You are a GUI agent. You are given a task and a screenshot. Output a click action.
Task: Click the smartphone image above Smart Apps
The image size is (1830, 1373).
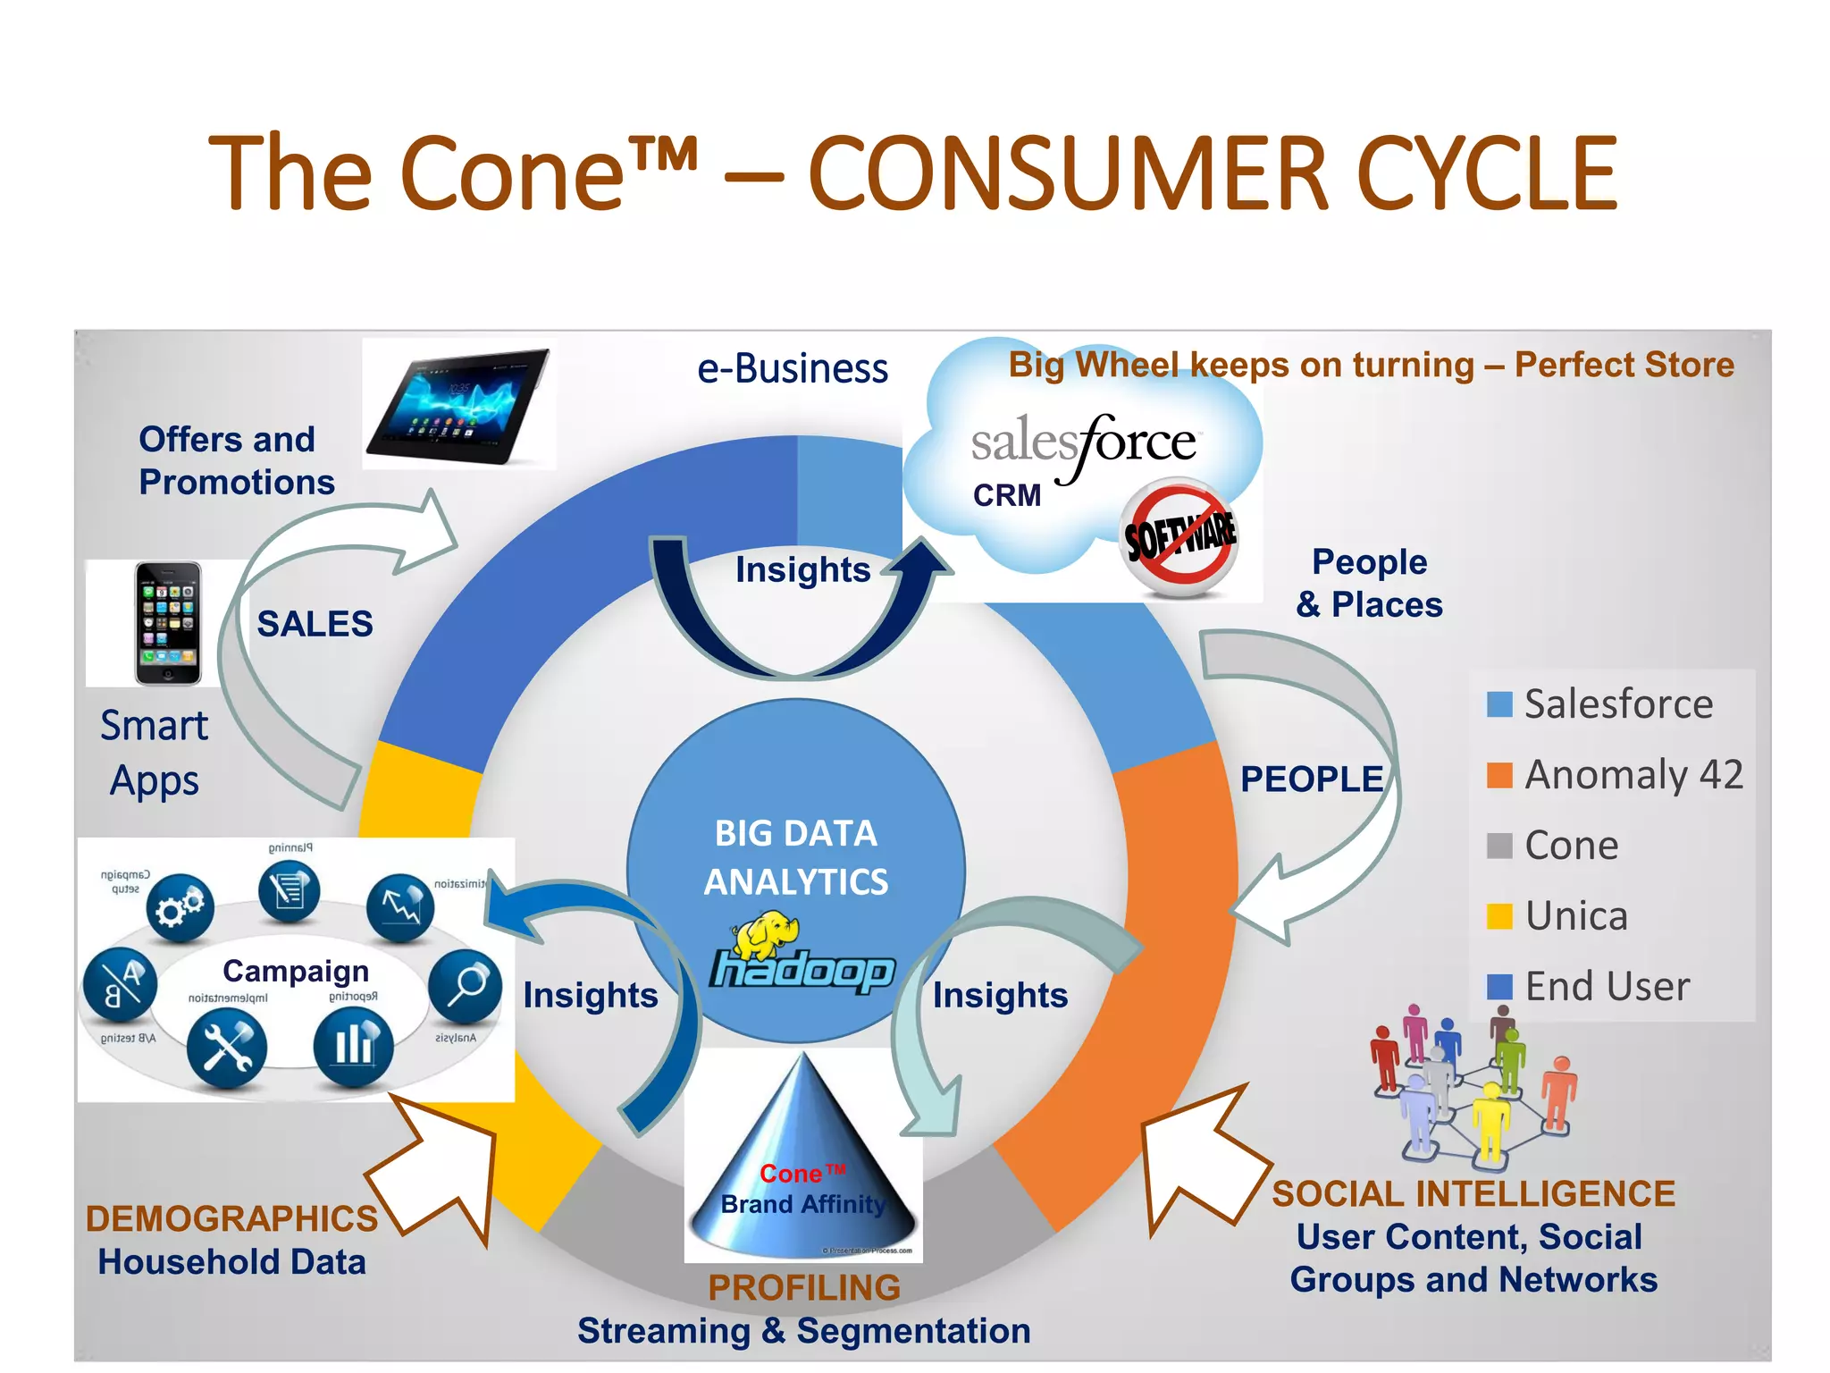coord(168,623)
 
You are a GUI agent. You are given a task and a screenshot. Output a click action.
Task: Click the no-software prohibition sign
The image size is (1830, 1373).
coord(1179,537)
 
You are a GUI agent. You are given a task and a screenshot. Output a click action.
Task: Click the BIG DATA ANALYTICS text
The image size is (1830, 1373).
coord(795,857)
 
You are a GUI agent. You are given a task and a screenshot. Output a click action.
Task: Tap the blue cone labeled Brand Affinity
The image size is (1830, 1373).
coord(802,1162)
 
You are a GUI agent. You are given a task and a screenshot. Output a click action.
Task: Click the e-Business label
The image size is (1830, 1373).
coord(792,368)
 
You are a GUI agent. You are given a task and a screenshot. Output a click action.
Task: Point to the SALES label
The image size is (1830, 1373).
coord(315,624)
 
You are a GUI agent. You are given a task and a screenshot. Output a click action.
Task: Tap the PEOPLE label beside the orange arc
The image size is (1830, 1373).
coord(1311,779)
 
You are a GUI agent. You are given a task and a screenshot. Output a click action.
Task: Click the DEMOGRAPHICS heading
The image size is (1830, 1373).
coord(231,1219)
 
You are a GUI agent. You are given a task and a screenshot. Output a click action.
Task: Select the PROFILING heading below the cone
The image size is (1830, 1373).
coord(804,1287)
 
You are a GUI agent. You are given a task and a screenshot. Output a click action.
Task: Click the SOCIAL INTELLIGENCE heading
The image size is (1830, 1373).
coord(1473,1194)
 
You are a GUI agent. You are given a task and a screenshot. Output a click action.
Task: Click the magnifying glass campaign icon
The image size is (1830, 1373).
coord(465,986)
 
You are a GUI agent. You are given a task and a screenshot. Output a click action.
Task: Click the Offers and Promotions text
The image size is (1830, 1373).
coord(236,460)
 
